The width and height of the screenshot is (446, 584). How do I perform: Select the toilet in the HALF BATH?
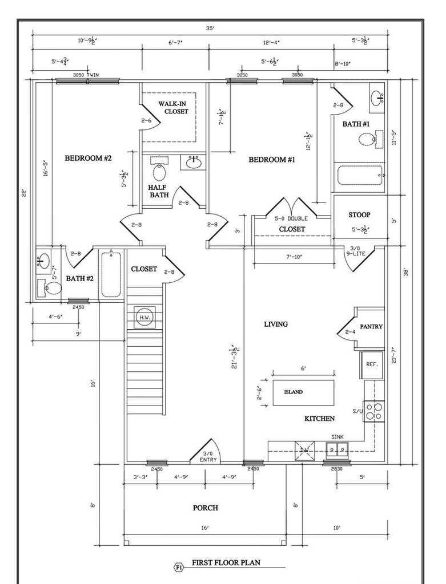[x=159, y=171]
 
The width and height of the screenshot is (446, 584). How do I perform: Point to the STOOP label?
[x=359, y=215]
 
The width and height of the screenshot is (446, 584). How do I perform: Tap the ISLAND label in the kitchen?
[x=294, y=392]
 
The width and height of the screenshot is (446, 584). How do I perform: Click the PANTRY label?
[x=371, y=327]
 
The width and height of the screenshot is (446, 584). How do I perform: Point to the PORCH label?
[x=205, y=508]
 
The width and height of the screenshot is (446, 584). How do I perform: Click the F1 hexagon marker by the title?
[x=178, y=567]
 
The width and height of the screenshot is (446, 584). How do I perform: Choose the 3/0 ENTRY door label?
[x=207, y=458]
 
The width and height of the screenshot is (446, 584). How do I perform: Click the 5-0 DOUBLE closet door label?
[x=291, y=218]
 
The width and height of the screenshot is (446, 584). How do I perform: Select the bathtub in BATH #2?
[x=111, y=274]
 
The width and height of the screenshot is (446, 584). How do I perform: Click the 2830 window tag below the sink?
[x=336, y=469]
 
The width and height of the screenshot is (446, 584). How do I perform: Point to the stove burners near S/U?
[x=374, y=411]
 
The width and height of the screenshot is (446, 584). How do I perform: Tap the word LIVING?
[x=276, y=324]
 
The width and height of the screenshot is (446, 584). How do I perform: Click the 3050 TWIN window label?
[x=86, y=75]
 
